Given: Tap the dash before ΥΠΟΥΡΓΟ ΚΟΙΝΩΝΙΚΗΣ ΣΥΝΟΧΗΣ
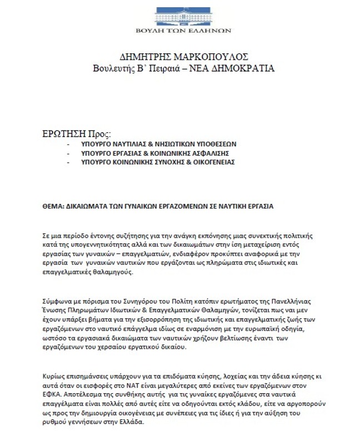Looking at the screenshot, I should pos(67,162).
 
